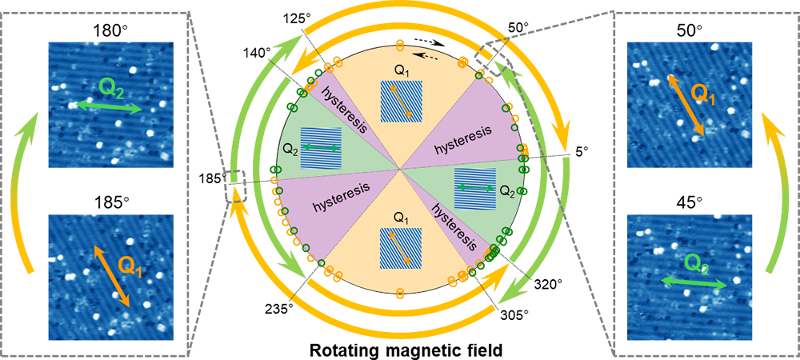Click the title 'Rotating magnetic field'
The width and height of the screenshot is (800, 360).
click(x=400, y=351)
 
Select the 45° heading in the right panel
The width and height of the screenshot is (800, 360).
click(x=689, y=203)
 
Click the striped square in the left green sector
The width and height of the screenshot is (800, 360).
click(x=321, y=148)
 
